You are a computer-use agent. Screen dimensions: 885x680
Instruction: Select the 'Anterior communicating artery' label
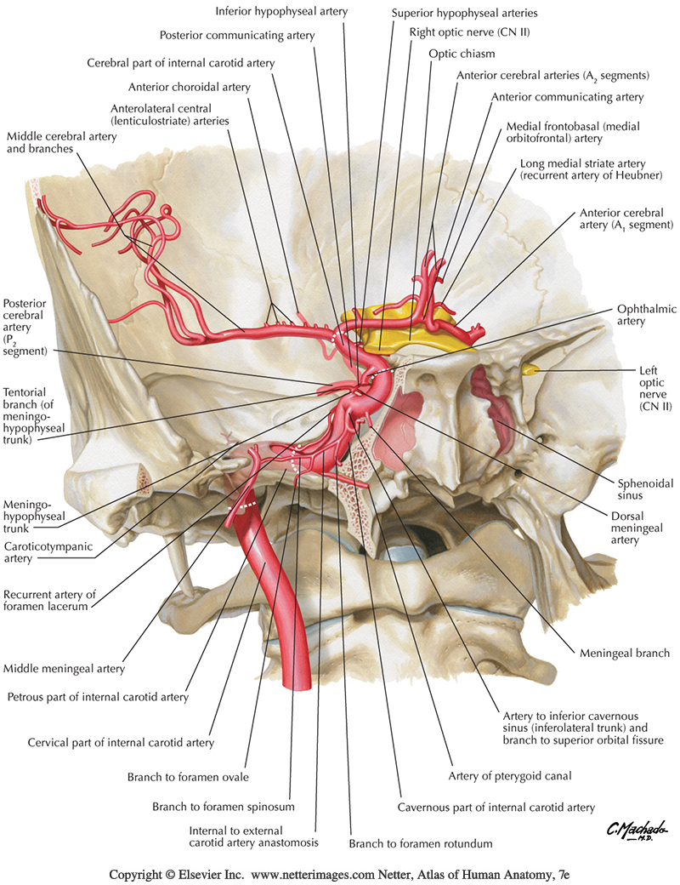click(x=568, y=97)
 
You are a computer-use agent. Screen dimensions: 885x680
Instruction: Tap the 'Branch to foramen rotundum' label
click(x=409, y=844)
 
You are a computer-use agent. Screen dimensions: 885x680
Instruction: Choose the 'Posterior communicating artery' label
click(x=237, y=36)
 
